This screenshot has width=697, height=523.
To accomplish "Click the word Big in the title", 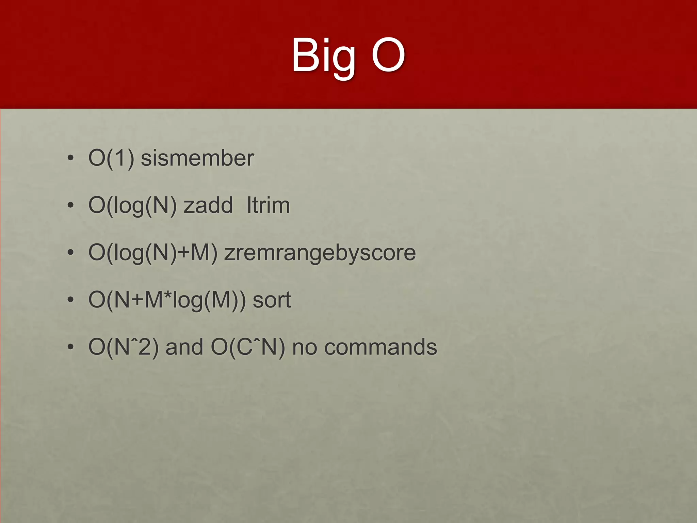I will (324, 56).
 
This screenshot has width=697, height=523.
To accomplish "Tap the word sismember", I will (197, 158).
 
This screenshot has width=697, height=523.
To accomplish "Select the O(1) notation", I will (111, 158).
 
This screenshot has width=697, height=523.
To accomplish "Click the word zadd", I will (208, 205).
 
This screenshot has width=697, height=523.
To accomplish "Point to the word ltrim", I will (268, 205).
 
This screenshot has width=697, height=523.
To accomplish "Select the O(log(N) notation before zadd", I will (132, 206).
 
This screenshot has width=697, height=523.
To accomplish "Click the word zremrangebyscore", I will (320, 253).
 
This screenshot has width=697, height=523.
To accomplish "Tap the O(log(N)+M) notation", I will (153, 253).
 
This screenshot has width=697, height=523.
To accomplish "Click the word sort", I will (272, 300).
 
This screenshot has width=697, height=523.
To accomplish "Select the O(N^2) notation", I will (124, 348).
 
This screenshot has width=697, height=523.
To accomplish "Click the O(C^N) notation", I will (248, 348).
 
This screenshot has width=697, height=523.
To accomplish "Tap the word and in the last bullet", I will (184, 347).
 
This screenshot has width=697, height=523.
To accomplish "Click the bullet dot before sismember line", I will (70, 159).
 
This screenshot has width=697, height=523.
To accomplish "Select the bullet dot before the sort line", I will (70, 300).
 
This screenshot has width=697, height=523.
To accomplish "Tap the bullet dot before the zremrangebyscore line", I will (70, 253).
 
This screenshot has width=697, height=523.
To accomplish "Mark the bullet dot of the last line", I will (70, 347).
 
